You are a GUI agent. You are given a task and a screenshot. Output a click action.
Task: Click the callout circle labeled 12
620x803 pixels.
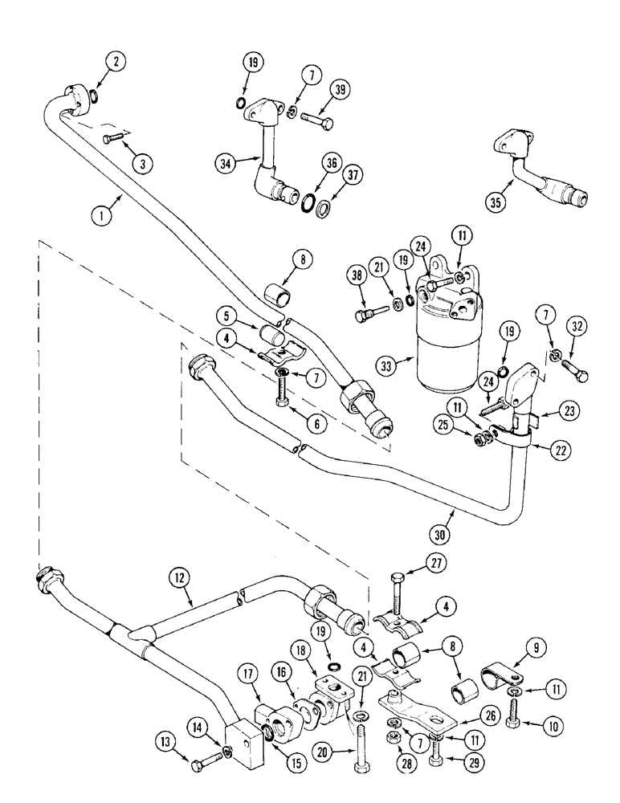click(179, 576)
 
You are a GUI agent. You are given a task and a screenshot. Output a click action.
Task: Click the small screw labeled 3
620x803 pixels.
click(116, 140)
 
